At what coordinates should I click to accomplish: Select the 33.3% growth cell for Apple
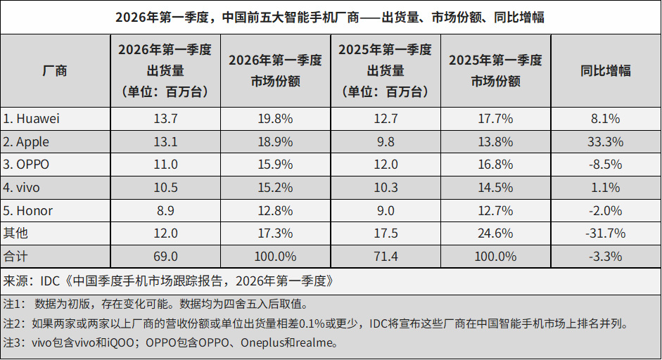click(605, 141)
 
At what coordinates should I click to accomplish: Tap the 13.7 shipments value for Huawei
click(165, 119)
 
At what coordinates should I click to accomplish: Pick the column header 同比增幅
click(605, 70)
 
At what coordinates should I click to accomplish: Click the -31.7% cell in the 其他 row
click(605, 233)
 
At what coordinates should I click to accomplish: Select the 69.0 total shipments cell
click(165, 256)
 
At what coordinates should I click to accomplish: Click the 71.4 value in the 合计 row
click(385, 256)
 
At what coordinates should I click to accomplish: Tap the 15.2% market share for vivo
click(275, 188)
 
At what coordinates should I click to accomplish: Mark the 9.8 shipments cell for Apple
click(385, 141)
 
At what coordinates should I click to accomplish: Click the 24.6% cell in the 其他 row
click(495, 233)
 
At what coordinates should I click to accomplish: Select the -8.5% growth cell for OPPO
click(605, 165)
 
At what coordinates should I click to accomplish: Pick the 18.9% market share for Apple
click(275, 141)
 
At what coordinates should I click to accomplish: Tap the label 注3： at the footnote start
click(14, 344)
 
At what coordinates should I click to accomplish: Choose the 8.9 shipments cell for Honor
click(165, 210)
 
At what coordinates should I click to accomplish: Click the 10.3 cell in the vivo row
click(385, 188)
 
